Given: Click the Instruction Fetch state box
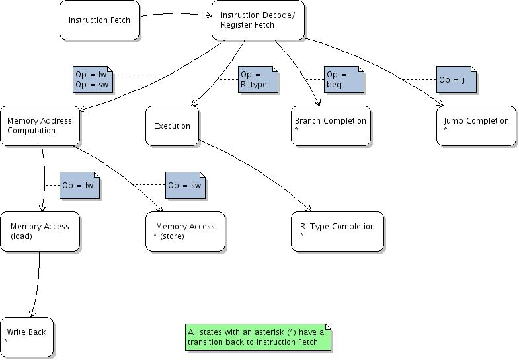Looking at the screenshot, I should [x=99, y=20].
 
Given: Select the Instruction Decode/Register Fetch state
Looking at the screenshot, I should [x=258, y=20].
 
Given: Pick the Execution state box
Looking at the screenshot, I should [x=172, y=126].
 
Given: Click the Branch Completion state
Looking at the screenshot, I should [x=331, y=126].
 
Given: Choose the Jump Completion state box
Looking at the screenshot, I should [x=476, y=126].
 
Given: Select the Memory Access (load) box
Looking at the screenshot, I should [x=40, y=231].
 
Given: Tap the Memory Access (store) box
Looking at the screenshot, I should [x=185, y=231].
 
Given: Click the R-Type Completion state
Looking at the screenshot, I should [x=337, y=231].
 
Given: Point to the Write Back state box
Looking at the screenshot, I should [x=26, y=336].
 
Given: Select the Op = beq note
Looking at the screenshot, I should [x=343, y=80].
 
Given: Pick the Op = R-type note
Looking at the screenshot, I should [x=258, y=80].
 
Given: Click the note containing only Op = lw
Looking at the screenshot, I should [x=79, y=186].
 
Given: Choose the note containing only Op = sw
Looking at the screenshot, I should [x=185, y=186].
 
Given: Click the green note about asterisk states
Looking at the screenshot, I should [x=257, y=337].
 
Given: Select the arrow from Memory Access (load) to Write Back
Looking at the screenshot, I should [x=37, y=284].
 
